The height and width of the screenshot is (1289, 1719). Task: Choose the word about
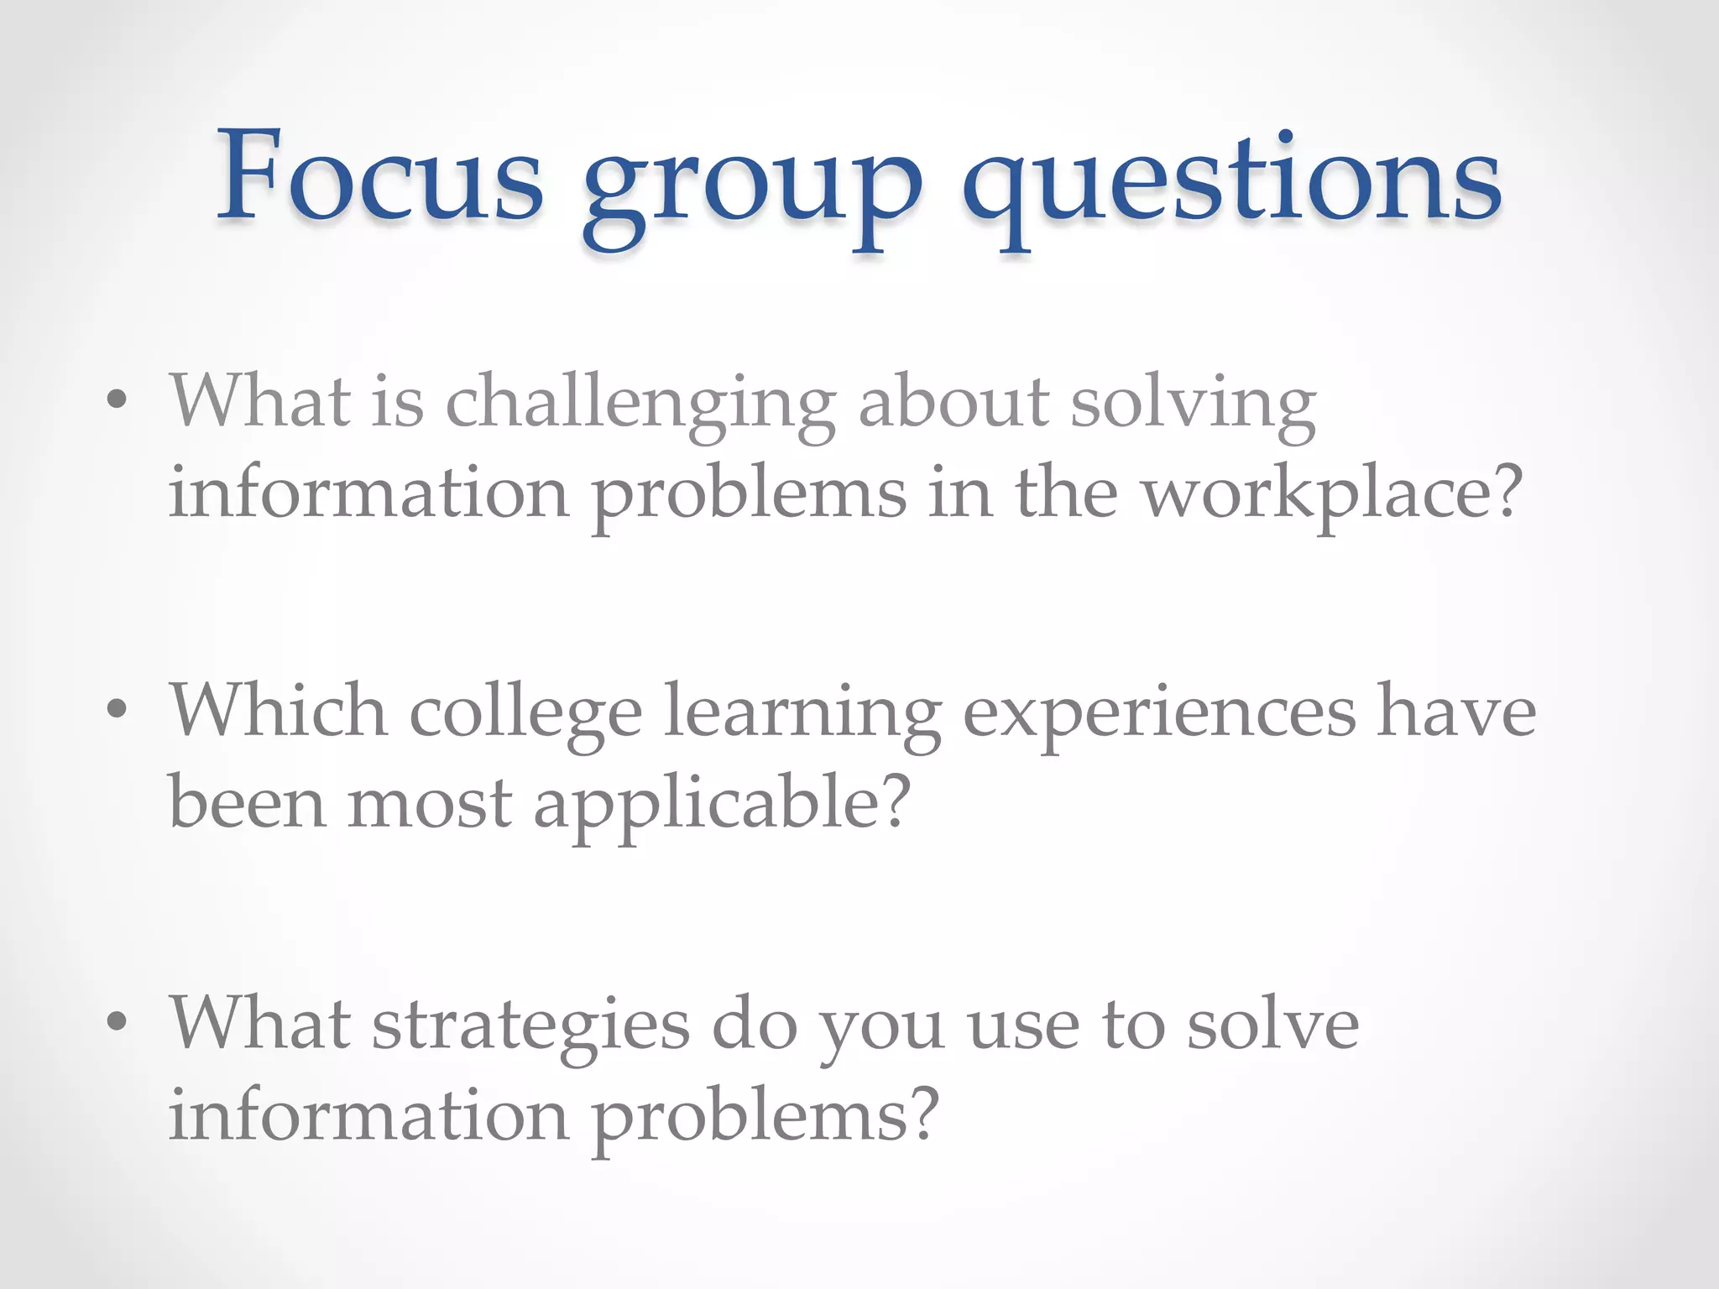point(954,401)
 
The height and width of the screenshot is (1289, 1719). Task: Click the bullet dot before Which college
point(118,710)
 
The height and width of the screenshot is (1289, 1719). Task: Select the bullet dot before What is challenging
point(118,399)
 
